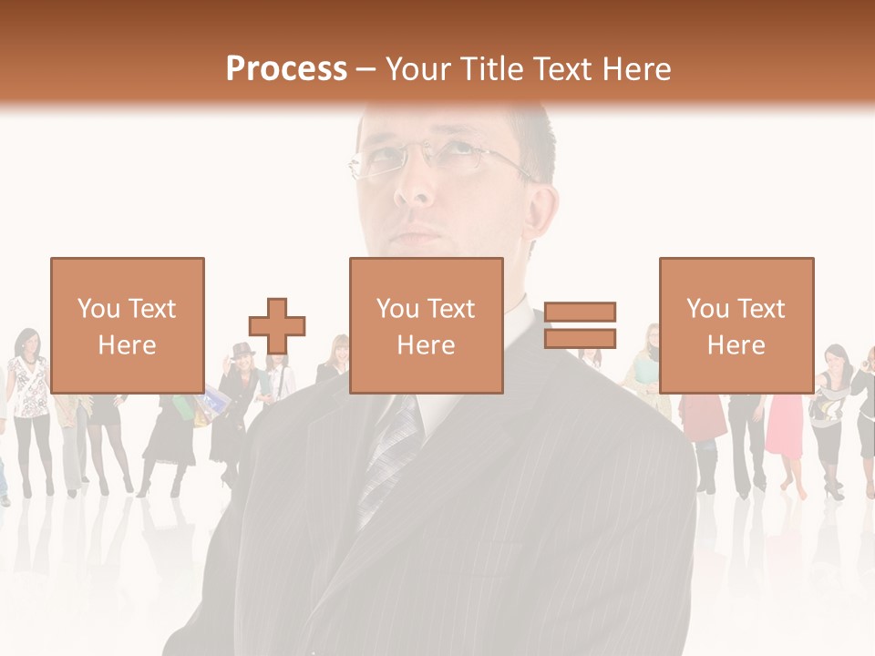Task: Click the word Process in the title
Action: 286,69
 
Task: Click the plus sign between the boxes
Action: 277,326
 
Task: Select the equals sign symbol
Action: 580,325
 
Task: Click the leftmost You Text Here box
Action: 127,326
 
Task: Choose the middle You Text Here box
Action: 426,326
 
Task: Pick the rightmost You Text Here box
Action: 736,326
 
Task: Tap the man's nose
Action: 416,187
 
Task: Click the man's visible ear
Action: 539,214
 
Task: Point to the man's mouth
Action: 419,235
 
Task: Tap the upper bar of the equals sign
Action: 580,312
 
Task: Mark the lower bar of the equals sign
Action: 580,338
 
